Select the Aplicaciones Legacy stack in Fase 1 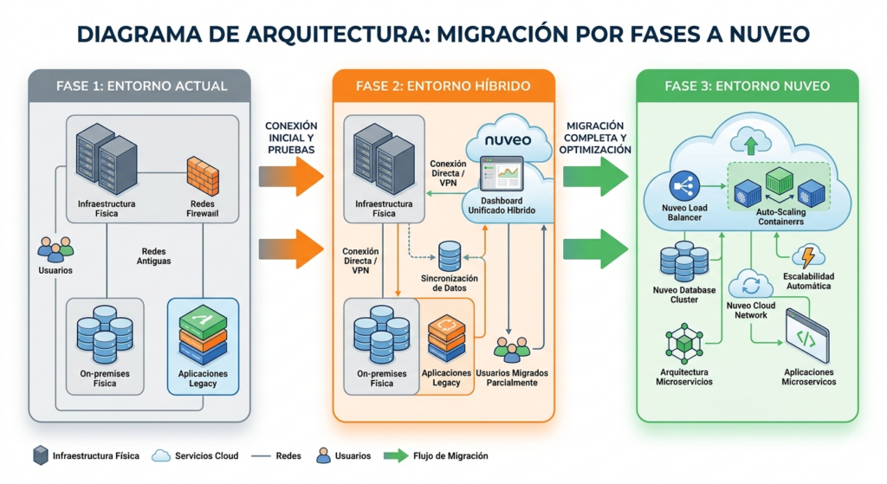(x=202, y=339)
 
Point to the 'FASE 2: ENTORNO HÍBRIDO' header (x=443, y=86)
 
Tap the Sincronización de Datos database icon (x=450, y=256)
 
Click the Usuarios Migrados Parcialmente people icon (x=510, y=348)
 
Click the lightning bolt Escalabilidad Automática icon (x=808, y=257)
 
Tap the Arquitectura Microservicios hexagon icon (x=685, y=344)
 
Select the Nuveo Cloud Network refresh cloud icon (x=745, y=286)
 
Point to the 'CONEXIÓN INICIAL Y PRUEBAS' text (x=291, y=137)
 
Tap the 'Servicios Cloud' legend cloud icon (x=160, y=455)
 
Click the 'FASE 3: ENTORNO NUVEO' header (x=747, y=86)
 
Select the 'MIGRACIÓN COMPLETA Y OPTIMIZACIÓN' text (x=596, y=137)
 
